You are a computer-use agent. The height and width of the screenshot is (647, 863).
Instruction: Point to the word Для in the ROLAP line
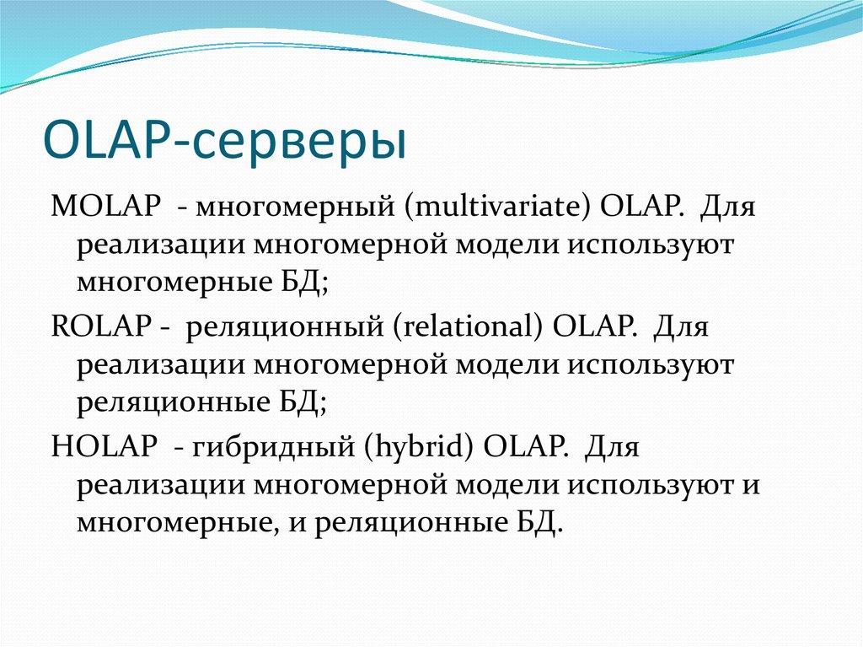[x=681, y=328]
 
